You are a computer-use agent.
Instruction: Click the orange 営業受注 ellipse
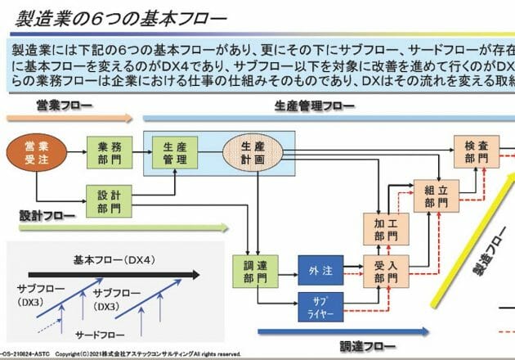pyautogui.click(x=32, y=152)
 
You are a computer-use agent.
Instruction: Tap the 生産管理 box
pyautogui.click(x=174, y=152)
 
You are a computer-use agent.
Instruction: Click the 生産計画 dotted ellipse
pyautogui.click(x=253, y=153)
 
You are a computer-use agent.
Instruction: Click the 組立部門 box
pyautogui.click(x=436, y=195)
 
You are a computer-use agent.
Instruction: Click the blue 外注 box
pyautogui.click(x=319, y=271)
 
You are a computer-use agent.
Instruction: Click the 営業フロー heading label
pyautogui.click(x=63, y=106)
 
